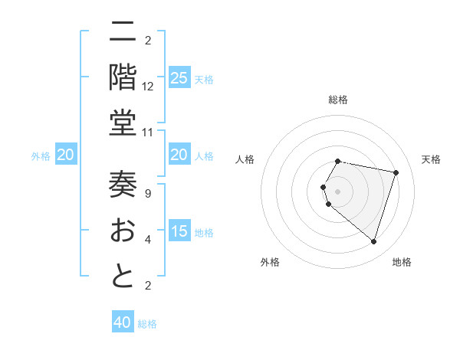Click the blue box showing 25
coord(179,77)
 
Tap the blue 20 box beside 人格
coord(179,155)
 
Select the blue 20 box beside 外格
coord(66,155)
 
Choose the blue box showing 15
coord(179,232)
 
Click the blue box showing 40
coord(123,322)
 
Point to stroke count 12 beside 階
coord(148,87)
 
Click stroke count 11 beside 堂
coord(148,132)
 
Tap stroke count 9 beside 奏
coord(148,194)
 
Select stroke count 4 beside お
coord(148,240)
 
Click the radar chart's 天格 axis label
coord(431,159)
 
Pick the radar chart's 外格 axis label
coord(269,262)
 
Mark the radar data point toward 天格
coord(396,172)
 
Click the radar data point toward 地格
coord(373,241)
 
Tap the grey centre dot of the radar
coord(337,191)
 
